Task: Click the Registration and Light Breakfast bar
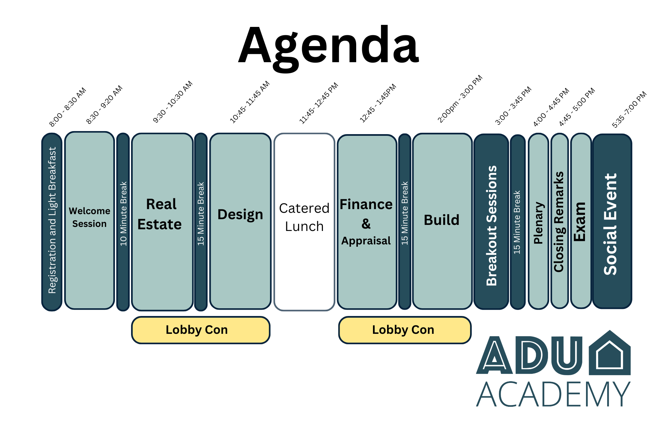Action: tap(52, 222)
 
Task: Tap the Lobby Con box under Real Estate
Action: tap(201, 330)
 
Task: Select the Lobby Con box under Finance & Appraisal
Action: tap(405, 330)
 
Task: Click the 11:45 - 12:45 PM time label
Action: tap(319, 103)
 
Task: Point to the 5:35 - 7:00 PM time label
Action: tap(629, 110)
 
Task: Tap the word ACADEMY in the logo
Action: tap(553, 394)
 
